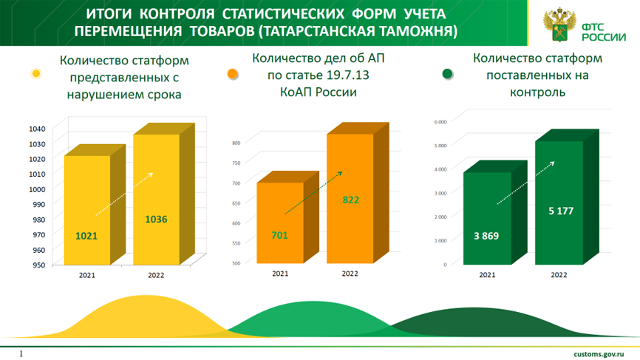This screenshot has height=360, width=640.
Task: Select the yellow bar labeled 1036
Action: click(156, 199)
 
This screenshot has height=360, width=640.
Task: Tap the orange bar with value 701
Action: click(279, 223)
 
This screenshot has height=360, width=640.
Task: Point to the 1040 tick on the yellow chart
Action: click(38, 128)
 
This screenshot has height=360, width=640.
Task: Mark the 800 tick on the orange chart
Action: click(237, 143)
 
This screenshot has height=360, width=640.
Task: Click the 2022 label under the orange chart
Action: click(350, 274)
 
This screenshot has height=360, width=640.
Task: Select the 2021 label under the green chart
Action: click(486, 274)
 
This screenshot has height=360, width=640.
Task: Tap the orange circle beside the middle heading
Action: click(232, 74)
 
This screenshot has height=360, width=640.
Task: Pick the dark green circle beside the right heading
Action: click(447, 74)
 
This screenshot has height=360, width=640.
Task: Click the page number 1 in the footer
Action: click(21, 353)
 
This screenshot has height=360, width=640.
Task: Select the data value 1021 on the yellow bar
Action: click(86, 236)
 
